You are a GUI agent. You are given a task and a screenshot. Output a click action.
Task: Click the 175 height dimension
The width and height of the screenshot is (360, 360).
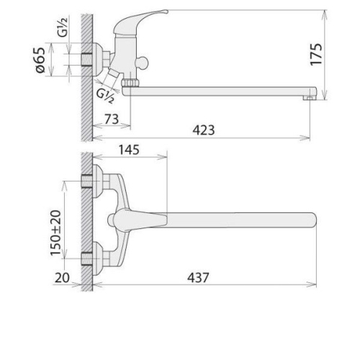coord(316,55)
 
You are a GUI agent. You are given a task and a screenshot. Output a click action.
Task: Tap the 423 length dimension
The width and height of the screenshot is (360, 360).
coord(204,130)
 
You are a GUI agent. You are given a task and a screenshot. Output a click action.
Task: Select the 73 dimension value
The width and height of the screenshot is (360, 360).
coord(112,120)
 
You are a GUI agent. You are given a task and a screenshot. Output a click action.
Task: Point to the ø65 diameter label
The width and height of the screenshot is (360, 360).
coord(40,60)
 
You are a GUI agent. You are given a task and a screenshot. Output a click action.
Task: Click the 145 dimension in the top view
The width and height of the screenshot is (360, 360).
coord(129,150)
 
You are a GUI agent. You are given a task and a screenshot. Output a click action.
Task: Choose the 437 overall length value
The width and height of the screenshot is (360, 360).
coord(198,278)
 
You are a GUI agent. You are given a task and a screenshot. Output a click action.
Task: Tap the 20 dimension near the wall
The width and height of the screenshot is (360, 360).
coord(62,278)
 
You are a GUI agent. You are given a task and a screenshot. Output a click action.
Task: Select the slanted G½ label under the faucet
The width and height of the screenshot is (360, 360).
coord(105,96)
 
